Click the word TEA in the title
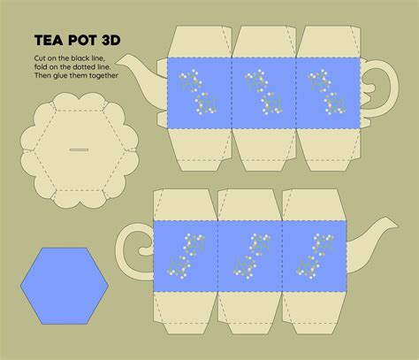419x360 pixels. [x=49, y=40]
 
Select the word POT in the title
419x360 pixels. [x=83, y=40]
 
